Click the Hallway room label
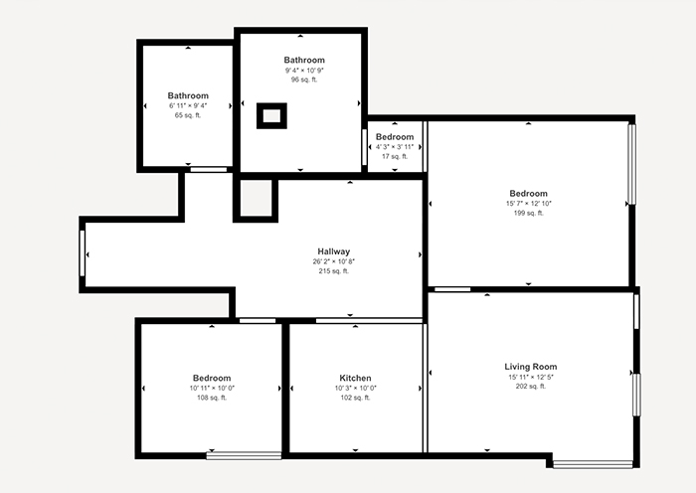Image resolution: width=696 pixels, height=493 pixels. tap(334, 251)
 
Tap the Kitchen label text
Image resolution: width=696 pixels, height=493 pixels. tap(355, 378)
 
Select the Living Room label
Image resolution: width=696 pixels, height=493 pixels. tap(530, 367)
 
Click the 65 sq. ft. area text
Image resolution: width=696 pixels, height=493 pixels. tap(188, 115)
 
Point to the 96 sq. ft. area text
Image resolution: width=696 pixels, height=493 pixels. tap(304, 80)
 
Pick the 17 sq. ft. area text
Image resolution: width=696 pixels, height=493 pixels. tap(395, 156)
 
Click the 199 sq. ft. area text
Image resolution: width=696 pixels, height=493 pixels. tap(528, 213)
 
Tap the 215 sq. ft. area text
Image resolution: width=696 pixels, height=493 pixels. tap(334, 271)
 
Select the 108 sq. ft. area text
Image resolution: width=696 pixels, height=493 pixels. tap(212, 398)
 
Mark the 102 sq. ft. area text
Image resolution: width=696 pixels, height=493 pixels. tap(355, 398)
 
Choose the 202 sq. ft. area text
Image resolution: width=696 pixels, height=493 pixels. tap(530, 386)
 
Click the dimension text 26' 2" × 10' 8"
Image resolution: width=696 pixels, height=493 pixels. tap(334, 261)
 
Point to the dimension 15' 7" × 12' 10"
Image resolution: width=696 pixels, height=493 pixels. tap(528, 203)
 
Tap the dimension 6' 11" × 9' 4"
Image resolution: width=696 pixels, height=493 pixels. tap(188, 105)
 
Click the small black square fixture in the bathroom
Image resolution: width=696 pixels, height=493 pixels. tap(271, 115)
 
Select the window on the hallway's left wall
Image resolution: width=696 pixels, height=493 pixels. tap(83, 254)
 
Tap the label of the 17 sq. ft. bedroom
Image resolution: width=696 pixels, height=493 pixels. tap(395, 136)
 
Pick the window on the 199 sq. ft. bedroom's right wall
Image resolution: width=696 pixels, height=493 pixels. tap(631, 164)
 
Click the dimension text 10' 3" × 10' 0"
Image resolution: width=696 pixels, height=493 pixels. tap(355, 388)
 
